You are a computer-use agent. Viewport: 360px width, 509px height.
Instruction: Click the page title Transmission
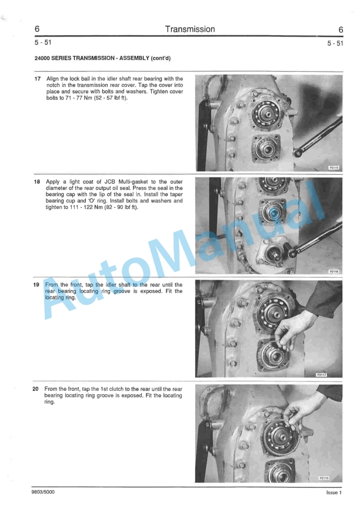190,29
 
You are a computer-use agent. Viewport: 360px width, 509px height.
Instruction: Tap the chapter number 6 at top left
37,29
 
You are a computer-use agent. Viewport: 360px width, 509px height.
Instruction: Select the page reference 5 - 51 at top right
335,44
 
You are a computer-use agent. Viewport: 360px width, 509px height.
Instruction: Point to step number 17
37,78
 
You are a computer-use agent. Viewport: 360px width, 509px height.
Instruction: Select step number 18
37,182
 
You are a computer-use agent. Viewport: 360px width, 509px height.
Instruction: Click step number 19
37,285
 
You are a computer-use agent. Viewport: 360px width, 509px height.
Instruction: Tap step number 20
37,389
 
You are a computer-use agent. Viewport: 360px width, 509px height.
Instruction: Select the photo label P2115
334,168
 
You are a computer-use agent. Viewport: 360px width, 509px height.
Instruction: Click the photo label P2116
334,271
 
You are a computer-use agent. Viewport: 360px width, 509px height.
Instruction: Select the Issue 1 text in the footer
334,493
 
